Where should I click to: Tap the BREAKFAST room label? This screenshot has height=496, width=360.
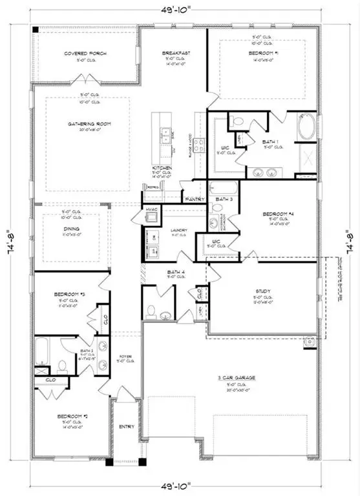(173, 54)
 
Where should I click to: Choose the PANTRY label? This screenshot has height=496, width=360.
(193, 200)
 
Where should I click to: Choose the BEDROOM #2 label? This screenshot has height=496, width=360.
(70, 418)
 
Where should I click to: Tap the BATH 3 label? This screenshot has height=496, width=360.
(224, 199)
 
